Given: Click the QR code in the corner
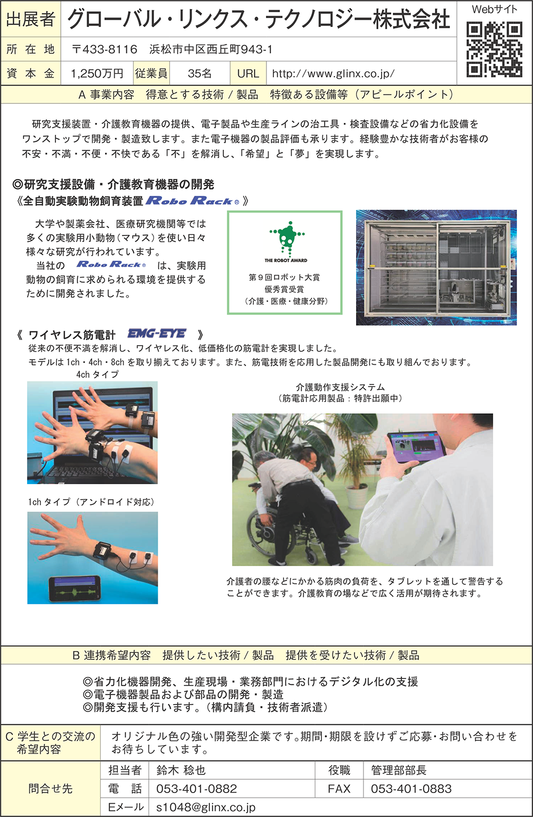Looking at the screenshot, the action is (494, 49).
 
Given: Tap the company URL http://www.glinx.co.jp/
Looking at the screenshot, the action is (333, 73).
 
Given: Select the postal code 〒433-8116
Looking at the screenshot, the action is (104, 49).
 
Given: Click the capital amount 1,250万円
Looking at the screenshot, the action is (97, 73).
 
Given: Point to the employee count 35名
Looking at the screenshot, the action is (200, 73).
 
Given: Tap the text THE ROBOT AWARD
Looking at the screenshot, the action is (286, 260).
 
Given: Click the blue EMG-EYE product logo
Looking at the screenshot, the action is (157, 333).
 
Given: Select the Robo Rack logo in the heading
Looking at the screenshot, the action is (192, 201).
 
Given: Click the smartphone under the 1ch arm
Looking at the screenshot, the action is (75, 589).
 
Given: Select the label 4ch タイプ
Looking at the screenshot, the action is (98, 374).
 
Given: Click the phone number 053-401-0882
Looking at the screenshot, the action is (196, 789).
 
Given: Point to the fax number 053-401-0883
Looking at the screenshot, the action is (411, 789).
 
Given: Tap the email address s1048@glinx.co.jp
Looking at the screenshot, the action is (206, 807).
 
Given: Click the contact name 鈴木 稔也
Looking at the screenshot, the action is (181, 770).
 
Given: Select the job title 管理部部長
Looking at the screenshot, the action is (399, 770).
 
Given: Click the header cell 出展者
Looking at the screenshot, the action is (31, 19).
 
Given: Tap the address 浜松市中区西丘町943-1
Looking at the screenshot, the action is (211, 49).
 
